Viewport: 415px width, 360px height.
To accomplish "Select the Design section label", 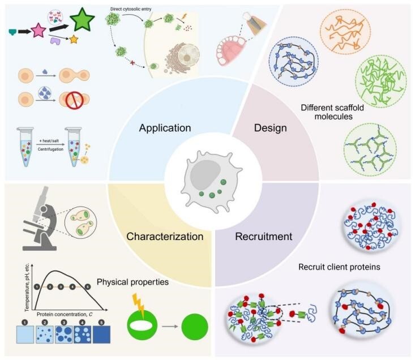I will tap(271, 128).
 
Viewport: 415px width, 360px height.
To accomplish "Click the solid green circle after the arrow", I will tap(194, 326).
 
